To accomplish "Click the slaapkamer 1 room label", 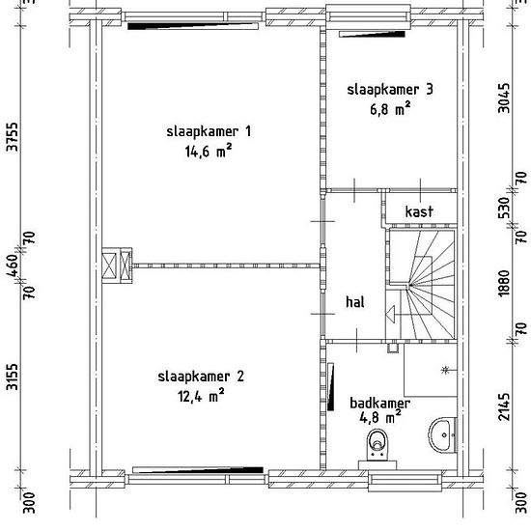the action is [209, 131].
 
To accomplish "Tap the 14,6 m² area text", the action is [209, 151].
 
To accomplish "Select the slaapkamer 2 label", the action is [201, 377].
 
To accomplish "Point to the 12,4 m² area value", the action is [201, 396].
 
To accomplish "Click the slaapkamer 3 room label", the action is [390, 90].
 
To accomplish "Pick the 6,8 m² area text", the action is [390, 109].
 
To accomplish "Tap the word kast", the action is [419, 211].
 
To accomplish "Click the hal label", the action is [355, 301].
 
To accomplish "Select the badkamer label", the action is [379, 403].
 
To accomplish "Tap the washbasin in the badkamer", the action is [442, 434].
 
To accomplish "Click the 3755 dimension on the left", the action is [13, 137].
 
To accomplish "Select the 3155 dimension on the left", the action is [13, 377].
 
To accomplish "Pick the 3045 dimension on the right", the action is [504, 98].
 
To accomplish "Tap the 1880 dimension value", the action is [504, 283].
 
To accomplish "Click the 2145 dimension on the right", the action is [504, 406].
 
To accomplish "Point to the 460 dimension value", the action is [13, 265].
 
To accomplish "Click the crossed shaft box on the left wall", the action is [117, 265].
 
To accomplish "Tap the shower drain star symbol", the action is [445, 370].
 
